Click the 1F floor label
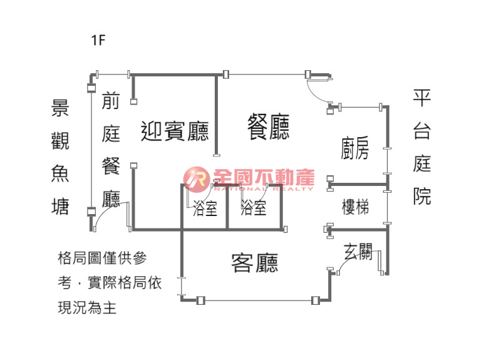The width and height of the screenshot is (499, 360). [98, 40]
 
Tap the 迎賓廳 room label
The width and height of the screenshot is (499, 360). [175, 131]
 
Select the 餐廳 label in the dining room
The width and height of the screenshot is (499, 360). [268, 126]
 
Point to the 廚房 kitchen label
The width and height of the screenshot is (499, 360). [354, 148]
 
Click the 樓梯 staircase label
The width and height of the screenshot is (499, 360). [355, 207]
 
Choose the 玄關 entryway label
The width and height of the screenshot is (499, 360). [358, 252]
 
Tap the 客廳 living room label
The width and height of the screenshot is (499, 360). [255, 263]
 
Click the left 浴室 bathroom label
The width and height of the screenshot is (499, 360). [205, 209]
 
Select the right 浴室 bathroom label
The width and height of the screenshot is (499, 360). [254, 207]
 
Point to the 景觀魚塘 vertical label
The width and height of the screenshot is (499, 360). [60, 157]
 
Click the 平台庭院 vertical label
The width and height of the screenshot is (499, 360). [422, 147]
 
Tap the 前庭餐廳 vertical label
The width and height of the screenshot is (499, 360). [111, 150]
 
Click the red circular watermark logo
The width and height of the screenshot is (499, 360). [197, 180]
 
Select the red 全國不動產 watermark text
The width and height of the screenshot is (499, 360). [264, 177]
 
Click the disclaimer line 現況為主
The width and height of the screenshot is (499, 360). [87, 308]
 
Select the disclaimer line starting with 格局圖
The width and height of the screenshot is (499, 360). [103, 258]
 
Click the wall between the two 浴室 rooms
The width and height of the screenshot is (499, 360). [227, 206]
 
